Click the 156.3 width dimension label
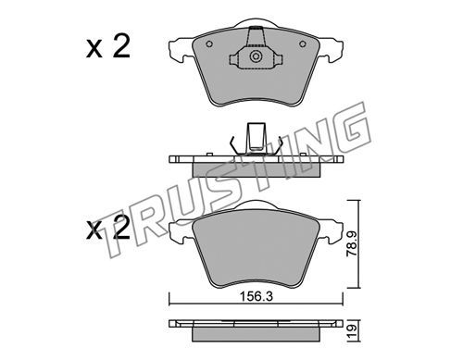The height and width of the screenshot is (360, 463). [257, 297]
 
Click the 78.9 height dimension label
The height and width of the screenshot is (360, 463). [352, 244]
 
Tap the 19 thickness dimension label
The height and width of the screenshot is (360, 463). [353, 331]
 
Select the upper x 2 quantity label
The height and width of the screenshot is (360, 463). [108, 47]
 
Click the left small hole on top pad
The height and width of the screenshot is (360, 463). [209, 44]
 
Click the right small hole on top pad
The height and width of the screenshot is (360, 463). [303, 44]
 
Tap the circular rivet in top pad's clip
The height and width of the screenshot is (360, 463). [256, 56]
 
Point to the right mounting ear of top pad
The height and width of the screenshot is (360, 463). [331, 49]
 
